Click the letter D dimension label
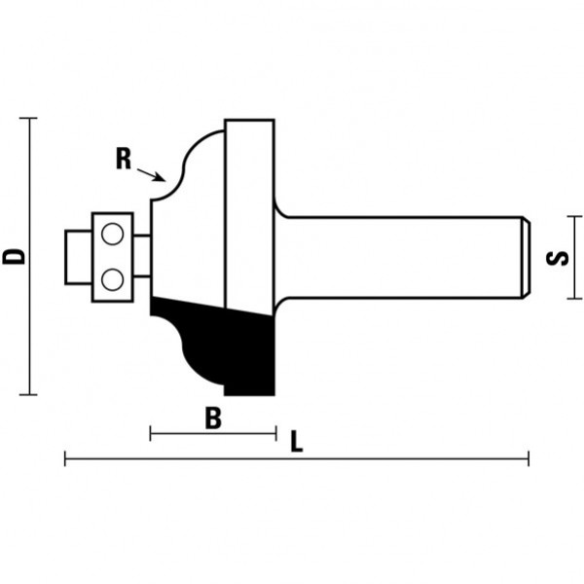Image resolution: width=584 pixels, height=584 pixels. [14, 257]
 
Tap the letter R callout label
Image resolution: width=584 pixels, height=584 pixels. [124, 159]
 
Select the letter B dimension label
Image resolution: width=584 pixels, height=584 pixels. [213, 418]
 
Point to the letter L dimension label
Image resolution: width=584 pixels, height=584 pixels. [297, 441]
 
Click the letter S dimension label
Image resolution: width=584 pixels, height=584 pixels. [557, 258]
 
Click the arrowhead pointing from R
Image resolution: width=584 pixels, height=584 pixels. [161, 177]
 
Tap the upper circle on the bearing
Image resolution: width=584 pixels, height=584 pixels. [113, 234]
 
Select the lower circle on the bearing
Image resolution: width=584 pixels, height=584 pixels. [113, 279]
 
